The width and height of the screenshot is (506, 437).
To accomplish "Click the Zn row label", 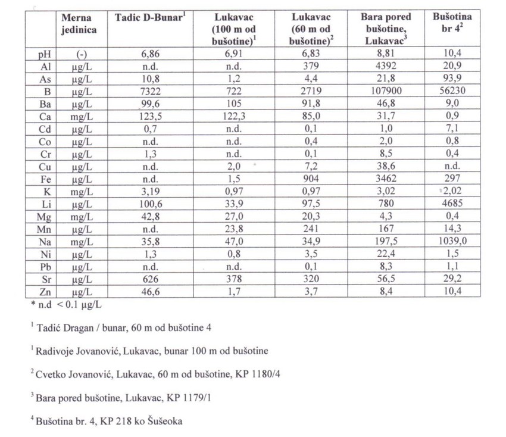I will [42, 292].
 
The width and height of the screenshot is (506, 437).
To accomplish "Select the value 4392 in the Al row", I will [388, 67].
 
